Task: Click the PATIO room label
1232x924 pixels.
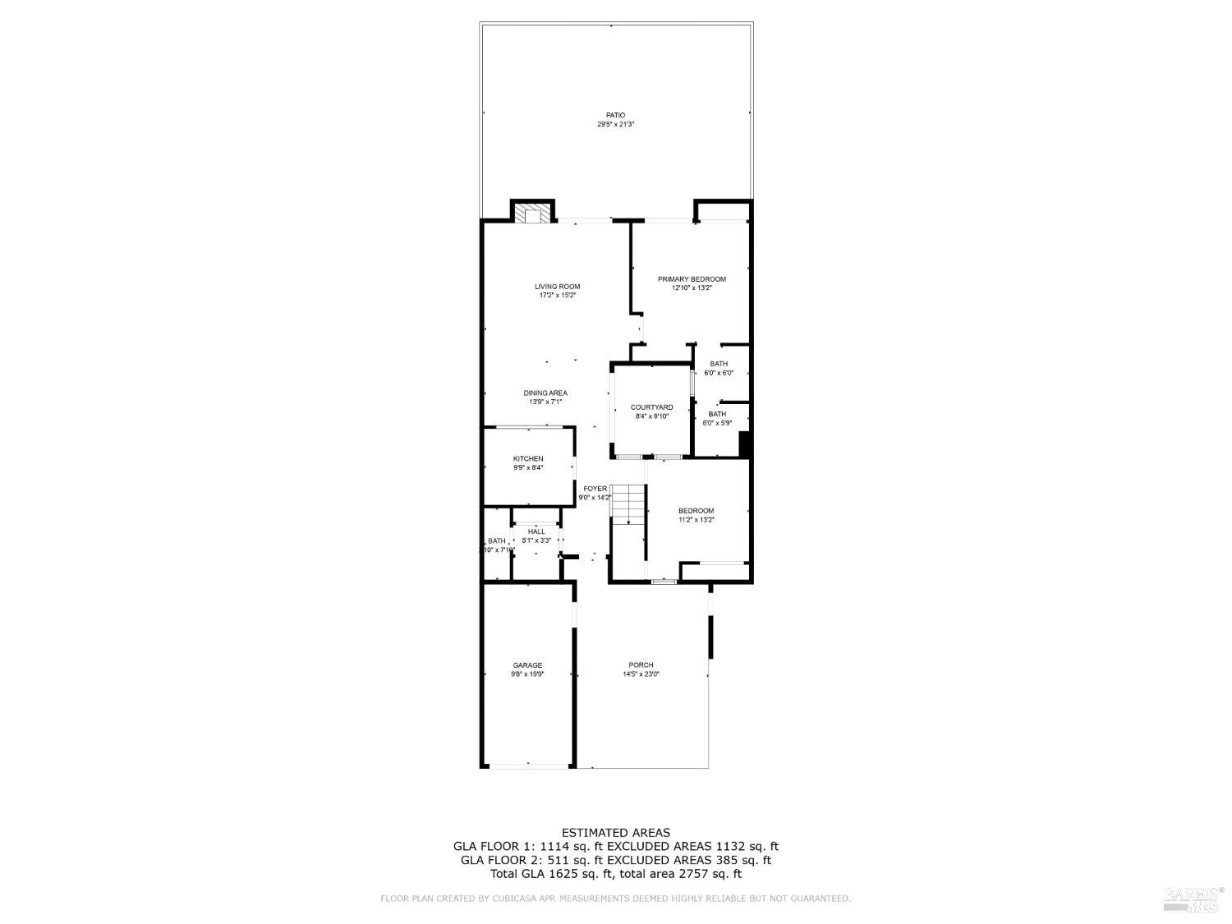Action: [x=615, y=115]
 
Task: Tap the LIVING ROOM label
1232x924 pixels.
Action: [x=558, y=287]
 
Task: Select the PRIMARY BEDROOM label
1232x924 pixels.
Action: [x=692, y=279]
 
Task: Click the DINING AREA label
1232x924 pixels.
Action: [x=545, y=393]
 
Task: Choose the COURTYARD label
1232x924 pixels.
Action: [x=651, y=407]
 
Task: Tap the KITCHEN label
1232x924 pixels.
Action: [x=528, y=458]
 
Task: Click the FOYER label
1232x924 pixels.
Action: [x=595, y=489]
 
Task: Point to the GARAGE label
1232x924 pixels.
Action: [x=527, y=665]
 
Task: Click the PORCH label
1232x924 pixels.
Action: [x=641, y=665]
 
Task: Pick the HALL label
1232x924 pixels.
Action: [x=536, y=531]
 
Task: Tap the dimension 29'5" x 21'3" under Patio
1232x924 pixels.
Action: [x=615, y=125]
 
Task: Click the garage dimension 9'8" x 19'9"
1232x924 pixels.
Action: [x=527, y=674]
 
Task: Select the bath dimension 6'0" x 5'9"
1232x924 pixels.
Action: [x=717, y=423]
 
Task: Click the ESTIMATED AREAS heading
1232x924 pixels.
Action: [x=615, y=833]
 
